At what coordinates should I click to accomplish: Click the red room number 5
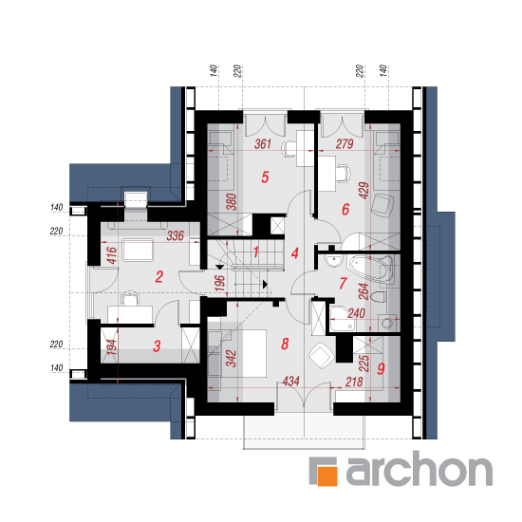point(265,177)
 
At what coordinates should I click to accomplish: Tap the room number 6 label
point(345,210)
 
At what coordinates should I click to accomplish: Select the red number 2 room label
point(159,277)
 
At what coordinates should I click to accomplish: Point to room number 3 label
point(157,345)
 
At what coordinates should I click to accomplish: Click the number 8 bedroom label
point(285,344)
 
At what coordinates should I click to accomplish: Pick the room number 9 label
point(381,368)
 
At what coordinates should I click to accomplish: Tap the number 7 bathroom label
point(344,284)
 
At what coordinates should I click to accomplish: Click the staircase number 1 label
point(255,252)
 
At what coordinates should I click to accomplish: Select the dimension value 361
point(263,144)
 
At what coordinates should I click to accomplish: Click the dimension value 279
point(345,144)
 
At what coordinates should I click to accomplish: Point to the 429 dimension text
point(364,191)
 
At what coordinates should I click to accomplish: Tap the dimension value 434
point(290,382)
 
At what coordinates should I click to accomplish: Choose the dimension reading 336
point(176,235)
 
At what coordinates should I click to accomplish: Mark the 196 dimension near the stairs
point(220,284)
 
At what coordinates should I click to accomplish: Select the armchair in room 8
point(321,356)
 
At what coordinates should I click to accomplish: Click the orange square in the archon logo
point(326,475)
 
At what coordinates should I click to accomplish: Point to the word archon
point(419,469)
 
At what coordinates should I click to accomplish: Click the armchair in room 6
point(382,205)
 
